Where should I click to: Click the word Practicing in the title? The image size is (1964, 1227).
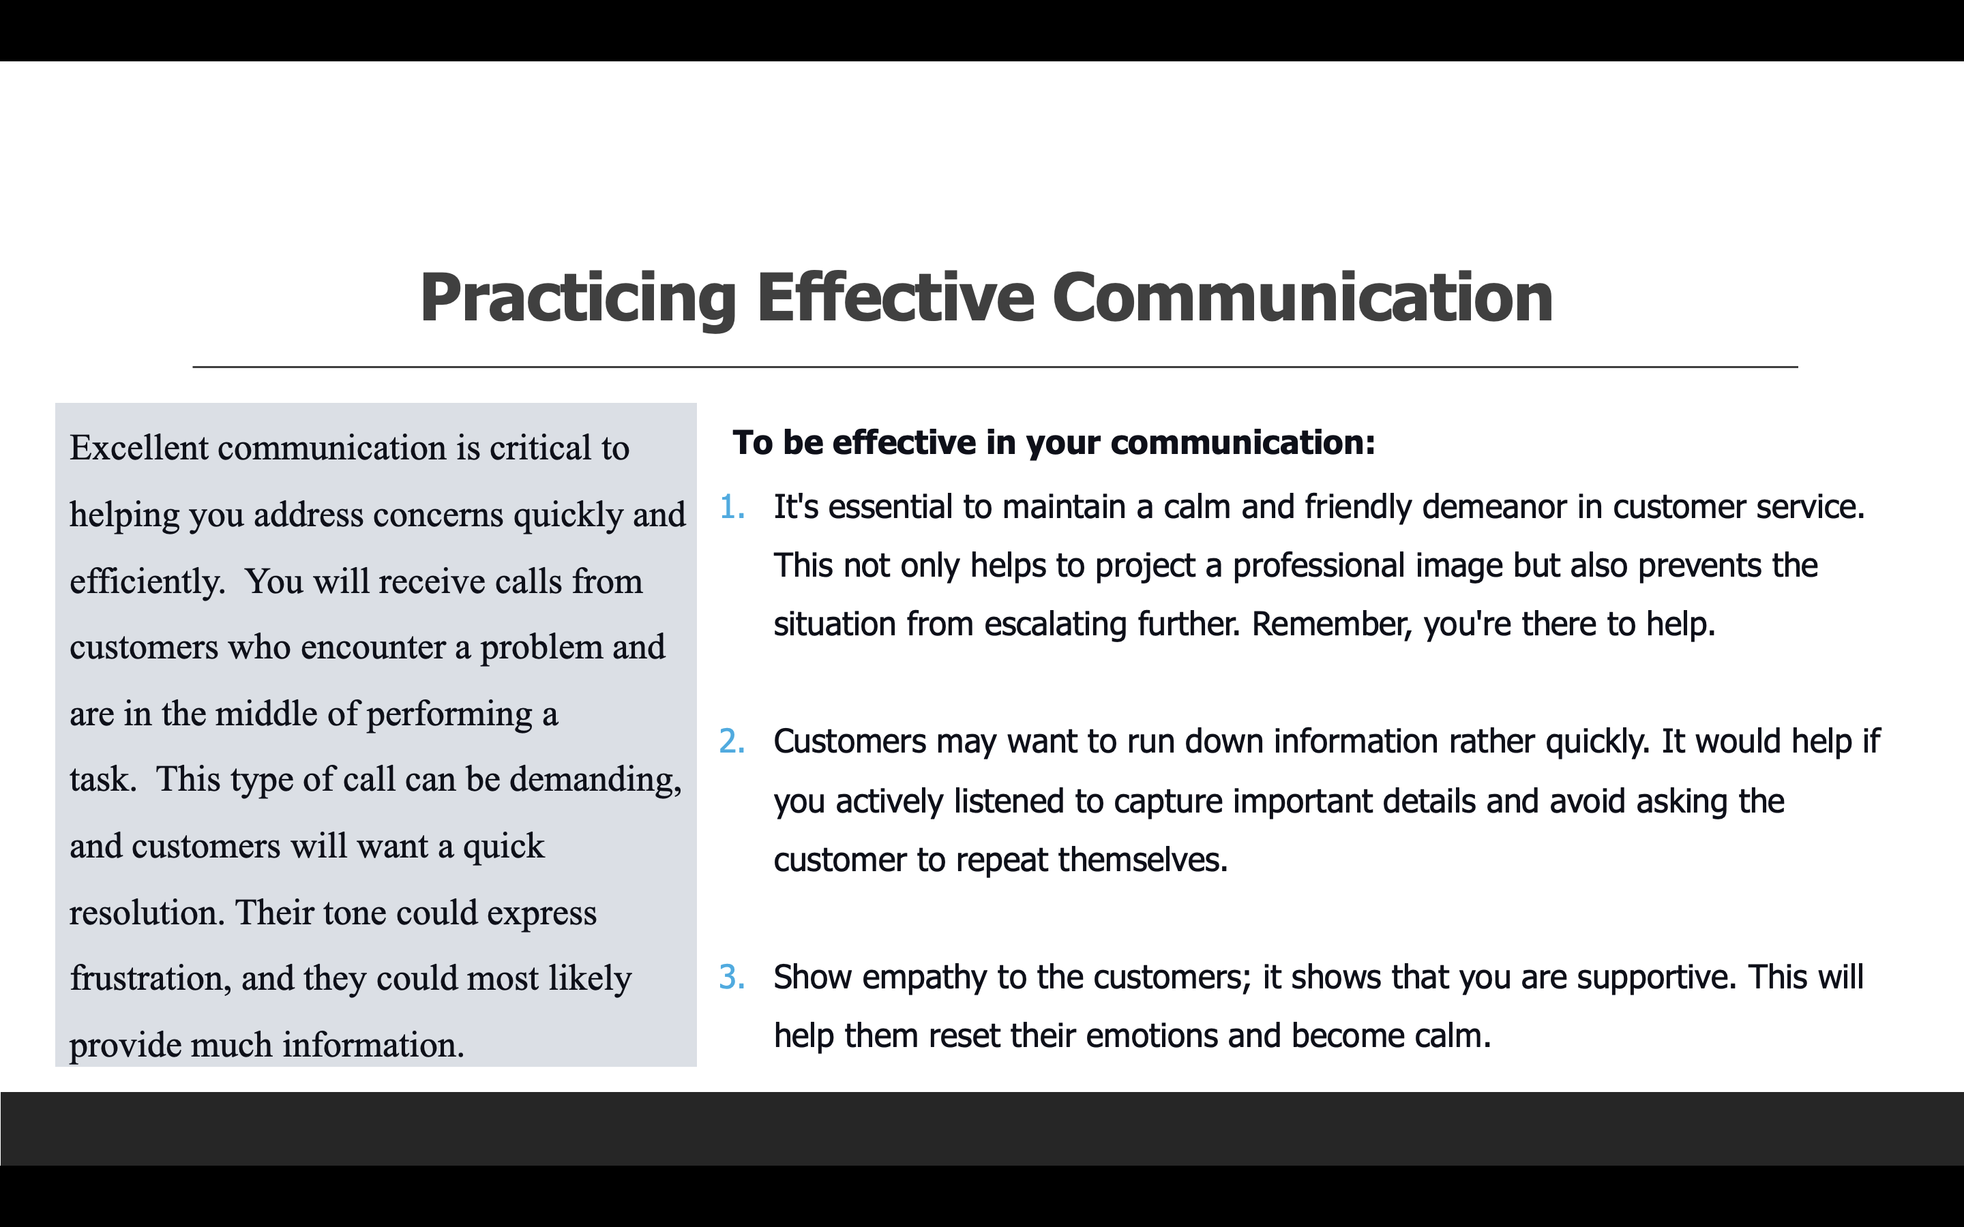click(x=578, y=299)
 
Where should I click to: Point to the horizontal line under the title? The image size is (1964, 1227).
click(x=995, y=367)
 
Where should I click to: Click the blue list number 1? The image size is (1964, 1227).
click(x=732, y=507)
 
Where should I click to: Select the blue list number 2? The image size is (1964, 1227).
click(x=732, y=742)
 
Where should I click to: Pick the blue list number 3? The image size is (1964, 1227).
click(x=732, y=977)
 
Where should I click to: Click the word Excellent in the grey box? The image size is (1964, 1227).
click(x=139, y=448)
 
